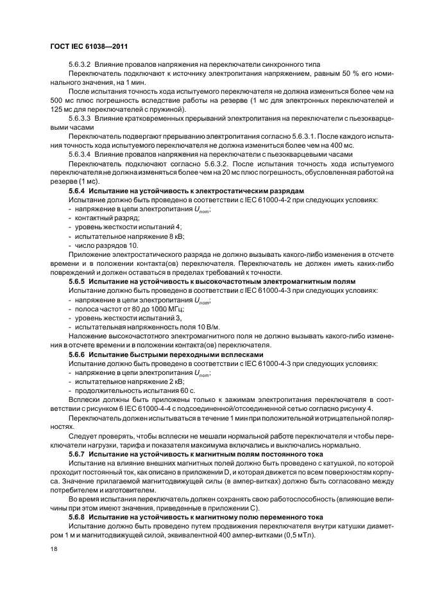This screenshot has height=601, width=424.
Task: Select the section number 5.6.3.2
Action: tap(80, 65)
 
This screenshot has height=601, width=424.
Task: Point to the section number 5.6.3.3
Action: tap(80, 119)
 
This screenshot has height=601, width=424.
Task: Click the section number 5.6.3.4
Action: tap(80, 155)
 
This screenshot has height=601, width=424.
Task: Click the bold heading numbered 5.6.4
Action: tap(76, 191)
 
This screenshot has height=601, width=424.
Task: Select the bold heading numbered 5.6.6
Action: tap(76, 353)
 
